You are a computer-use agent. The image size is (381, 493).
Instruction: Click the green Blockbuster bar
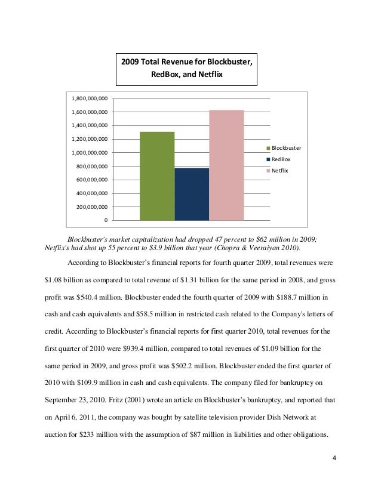[x=157, y=175]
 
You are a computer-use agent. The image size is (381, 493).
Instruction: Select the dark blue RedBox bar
[x=192, y=194]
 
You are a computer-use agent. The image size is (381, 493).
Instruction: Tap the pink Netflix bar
[x=226, y=165]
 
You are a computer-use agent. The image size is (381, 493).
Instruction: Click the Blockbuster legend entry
[x=283, y=147]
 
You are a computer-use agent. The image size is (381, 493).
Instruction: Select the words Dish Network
[x=278, y=414]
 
